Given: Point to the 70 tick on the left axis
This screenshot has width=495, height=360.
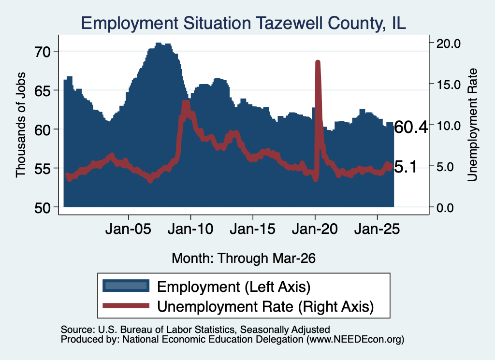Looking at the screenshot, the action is [x=43, y=52].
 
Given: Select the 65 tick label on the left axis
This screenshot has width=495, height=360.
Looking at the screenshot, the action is [x=43, y=90].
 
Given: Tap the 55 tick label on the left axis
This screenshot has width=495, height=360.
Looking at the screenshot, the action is [x=43, y=169].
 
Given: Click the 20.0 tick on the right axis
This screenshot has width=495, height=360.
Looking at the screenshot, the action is [x=448, y=43].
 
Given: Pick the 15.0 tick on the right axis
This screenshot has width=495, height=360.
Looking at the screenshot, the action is [x=448, y=85].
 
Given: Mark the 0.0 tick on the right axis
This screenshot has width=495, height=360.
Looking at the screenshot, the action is [x=445, y=208].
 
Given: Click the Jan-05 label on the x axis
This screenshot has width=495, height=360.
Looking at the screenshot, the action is [x=128, y=229].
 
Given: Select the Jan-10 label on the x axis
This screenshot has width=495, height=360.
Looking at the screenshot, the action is [x=190, y=229].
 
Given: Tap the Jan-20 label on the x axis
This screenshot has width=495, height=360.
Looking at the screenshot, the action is [x=315, y=229].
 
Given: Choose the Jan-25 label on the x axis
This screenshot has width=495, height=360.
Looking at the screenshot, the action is [x=377, y=229].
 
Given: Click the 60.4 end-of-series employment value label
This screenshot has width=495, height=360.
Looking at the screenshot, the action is [x=411, y=128].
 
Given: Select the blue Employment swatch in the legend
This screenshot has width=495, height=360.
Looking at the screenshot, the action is [x=126, y=286].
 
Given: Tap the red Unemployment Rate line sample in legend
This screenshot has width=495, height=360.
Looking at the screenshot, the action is [x=126, y=305].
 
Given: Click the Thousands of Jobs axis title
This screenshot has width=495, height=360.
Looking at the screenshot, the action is [x=21, y=125].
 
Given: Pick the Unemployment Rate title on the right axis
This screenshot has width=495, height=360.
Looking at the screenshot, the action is [x=472, y=125].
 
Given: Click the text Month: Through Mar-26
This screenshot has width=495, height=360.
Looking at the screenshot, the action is [x=244, y=258].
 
